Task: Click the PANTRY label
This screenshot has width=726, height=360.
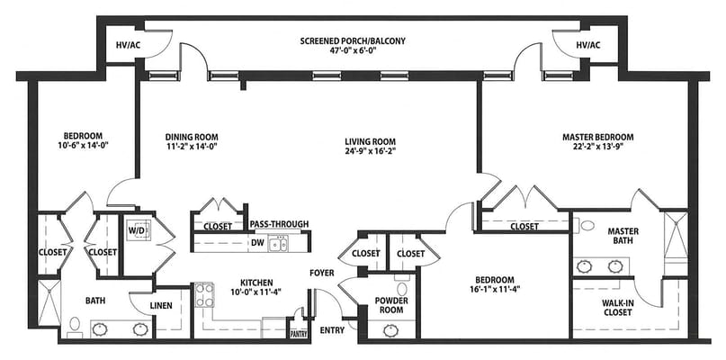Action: (299, 334)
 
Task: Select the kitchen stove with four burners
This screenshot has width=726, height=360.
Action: (204, 295)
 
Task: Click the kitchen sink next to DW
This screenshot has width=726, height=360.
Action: (278, 243)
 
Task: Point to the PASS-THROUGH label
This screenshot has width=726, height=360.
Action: (279, 224)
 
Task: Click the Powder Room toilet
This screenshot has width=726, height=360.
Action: (401, 288)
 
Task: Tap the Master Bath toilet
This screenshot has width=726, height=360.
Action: (587, 226)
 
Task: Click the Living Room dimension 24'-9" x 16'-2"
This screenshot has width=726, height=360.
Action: (370, 150)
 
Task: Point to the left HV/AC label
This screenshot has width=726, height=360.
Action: (128, 45)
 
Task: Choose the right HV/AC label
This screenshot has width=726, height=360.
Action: (588, 45)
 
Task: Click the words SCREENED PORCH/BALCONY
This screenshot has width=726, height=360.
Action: (353, 40)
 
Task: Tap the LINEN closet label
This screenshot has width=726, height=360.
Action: (161, 306)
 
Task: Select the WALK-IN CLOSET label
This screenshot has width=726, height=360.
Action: (617, 308)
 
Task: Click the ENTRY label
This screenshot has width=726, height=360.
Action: (332, 330)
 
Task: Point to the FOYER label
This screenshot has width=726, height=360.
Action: (322, 274)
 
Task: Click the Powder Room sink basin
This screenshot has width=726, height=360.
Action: (392, 331)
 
